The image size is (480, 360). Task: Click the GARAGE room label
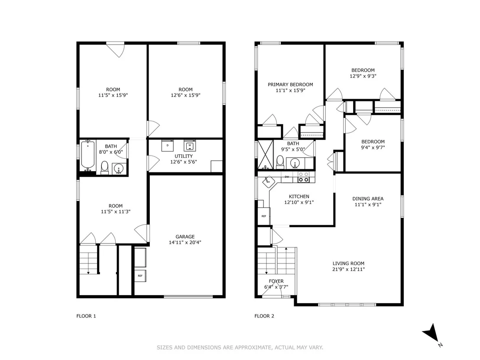pyautogui.click(x=185, y=237)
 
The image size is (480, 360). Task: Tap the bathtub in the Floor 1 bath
pyautogui.click(x=88, y=155)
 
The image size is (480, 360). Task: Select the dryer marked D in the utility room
pyautogui.click(x=168, y=146)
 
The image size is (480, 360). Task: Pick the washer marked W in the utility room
pyautogui.click(x=190, y=146)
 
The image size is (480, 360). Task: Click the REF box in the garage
pyautogui.click(x=140, y=276)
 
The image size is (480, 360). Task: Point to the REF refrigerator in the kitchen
pyautogui.click(x=264, y=216)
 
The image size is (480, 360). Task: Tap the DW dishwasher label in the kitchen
pyautogui.click(x=287, y=177)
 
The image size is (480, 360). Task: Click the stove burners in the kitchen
pyautogui.click(x=303, y=177)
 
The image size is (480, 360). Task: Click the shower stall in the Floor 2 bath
pyautogui.click(x=266, y=155)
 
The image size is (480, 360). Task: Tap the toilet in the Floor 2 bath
pyautogui.click(x=280, y=162)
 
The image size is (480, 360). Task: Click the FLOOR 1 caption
pyautogui.click(x=86, y=316)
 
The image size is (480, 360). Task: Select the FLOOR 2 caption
pyautogui.click(x=264, y=316)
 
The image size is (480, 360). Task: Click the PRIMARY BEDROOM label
pyautogui.click(x=290, y=84)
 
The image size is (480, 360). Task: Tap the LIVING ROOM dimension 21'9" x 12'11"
pyautogui.click(x=348, y=269)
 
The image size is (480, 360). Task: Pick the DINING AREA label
pyautogui.click(x=368, y=199)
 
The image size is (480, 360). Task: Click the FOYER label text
pyautogui.click(x=276, y=281)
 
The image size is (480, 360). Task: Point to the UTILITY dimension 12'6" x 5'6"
pyautogui.click(x=183, y=162)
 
